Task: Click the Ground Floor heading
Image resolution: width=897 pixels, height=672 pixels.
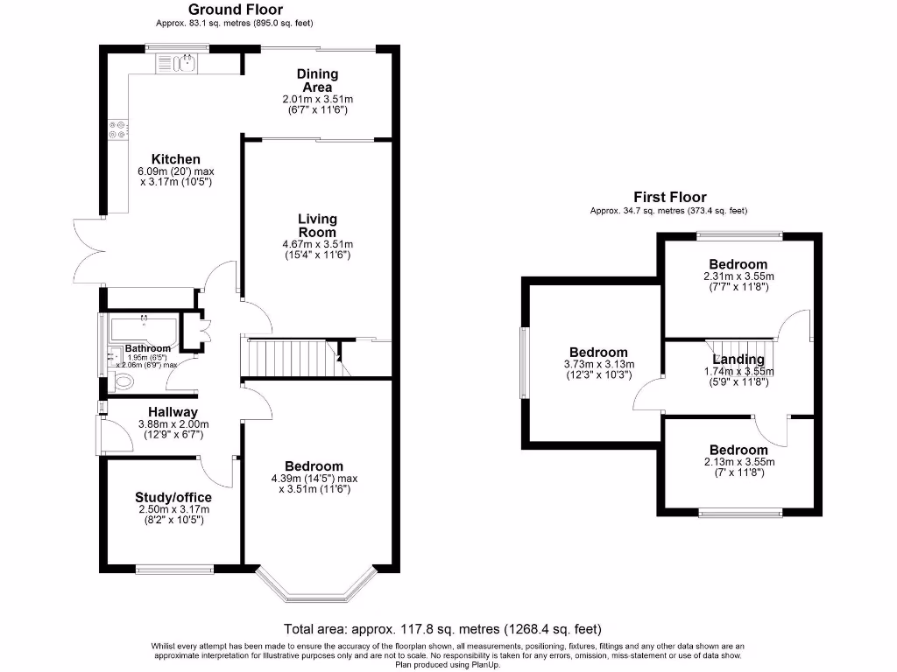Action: pyautogui.click(x=235, y=10)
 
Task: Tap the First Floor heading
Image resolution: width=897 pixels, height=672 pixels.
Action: pyautogui.click(x=670, y=197)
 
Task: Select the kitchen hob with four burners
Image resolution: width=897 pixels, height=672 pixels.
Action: pyautogui.click(x=118, y=129)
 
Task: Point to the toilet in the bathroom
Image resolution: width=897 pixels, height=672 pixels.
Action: pyautogui.click(x=121, y=381)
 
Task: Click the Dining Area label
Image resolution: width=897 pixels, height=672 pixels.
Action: pyautogui.click(x=317, y=80)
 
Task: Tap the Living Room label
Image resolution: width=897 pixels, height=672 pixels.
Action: pyautogui.click(x=317, y=226)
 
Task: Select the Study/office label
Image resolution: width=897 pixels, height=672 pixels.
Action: pyautogui.click(x=173, y=497)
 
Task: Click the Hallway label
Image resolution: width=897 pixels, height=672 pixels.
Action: pyautogui.click(x=173, y=412)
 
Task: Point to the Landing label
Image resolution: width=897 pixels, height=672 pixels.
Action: pyautogui.click(x=738, y=360)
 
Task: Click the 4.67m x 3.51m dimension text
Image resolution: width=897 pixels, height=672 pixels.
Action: pyautogui.click(x=317, y=244)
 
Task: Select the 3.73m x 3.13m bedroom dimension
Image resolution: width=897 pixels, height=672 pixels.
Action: pyautogui.click(x=599, y=364)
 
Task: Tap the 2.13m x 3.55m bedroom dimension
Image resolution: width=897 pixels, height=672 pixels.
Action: pyautogui.click(x=739, y=462)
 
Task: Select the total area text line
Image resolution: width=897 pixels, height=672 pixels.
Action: pyautogui.click(x=442, y=629)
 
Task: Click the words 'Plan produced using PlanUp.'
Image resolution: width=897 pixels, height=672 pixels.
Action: pyautogui.click(x=448, y=665)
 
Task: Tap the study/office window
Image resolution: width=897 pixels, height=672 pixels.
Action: pyautogui.click(x=174, y=569)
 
